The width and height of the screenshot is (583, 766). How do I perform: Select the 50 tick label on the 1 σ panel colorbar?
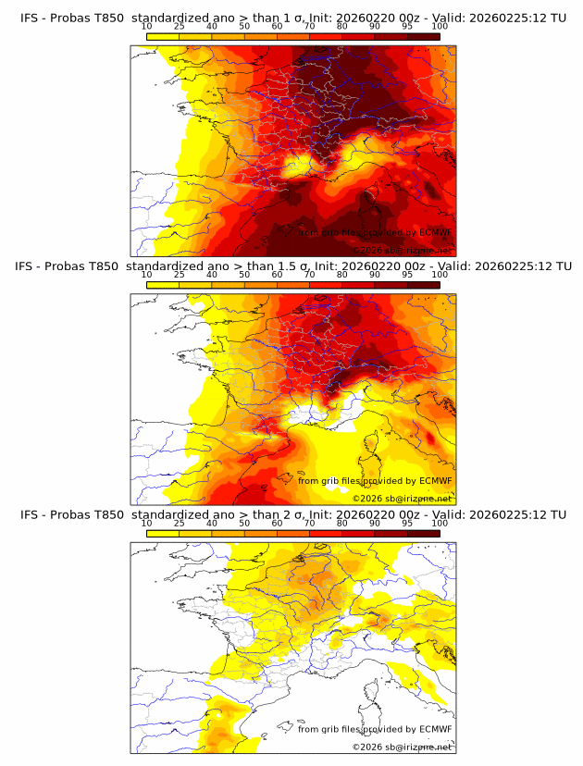(244, 26)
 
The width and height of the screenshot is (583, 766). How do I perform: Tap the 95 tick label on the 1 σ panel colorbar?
(407, 26)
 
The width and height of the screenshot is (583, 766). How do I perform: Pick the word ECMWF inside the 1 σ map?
(435, 232)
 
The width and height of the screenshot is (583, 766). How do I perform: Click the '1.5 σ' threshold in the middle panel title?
(294, 266)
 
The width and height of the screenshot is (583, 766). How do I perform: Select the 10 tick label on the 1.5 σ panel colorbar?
(146, 274)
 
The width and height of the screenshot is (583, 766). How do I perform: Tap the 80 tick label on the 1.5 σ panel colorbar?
(342, 274)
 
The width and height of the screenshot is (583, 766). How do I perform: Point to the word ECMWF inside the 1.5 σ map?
(435, 480)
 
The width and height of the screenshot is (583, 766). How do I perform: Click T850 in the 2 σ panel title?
(108, 513)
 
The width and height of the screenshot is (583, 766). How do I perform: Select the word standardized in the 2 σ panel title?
(173, 513)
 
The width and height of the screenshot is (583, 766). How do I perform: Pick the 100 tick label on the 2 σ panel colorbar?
(440, 523)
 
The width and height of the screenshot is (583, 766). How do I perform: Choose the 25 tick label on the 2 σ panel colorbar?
(179, 523)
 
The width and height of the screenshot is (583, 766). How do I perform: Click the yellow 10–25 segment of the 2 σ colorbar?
(162, 532)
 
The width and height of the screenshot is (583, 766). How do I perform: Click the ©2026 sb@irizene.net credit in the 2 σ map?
(402, 747)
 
